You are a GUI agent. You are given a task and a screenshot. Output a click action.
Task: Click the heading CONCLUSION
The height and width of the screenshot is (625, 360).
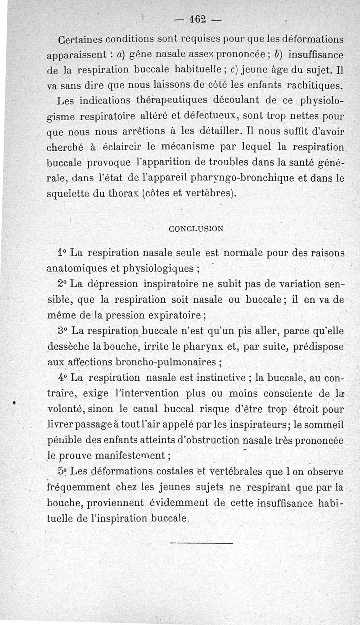click(x=195, y=228)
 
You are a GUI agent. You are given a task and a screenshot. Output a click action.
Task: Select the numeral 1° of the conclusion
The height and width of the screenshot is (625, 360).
click(x=63, y=252)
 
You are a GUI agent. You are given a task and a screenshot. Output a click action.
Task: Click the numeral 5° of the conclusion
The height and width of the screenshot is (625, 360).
click(x=63, y=472)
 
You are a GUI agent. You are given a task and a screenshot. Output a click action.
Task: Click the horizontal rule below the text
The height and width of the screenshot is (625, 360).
click(x=202, y=544)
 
